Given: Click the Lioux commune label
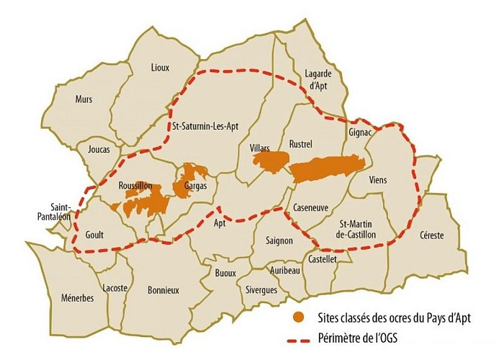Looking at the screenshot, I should coord(160,68).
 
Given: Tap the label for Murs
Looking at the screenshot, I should coord(85,100).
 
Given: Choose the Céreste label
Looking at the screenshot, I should coord(430,235).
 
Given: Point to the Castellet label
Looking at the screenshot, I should coord(322,259).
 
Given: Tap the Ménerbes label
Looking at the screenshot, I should coord(77,299).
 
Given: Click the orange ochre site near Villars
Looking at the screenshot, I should coord(267,163).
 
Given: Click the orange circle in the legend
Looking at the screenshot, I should coord(297,316).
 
